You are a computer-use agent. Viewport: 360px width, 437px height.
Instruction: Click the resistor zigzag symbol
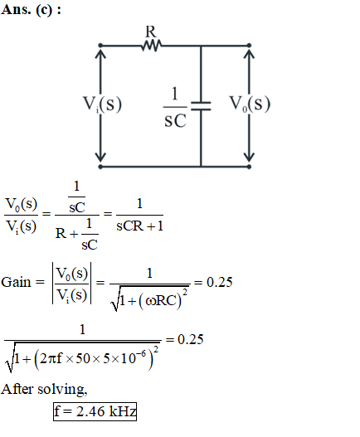152,45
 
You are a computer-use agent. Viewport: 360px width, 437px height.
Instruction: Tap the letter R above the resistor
151,32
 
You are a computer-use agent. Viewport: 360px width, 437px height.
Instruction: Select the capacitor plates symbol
201,106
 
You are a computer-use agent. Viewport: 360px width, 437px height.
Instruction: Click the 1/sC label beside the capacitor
175,107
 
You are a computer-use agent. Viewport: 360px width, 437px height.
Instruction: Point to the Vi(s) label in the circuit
102,104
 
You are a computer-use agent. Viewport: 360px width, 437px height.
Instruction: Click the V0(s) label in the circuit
250,104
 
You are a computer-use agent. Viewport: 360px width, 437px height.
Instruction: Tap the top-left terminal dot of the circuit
100,45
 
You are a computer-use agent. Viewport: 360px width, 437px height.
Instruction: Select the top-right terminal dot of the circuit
250,45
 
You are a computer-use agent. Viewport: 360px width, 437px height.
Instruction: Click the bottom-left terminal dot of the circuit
100,167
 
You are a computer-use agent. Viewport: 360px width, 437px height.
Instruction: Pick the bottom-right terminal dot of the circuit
250,167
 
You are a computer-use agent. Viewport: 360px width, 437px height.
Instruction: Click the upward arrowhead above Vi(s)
100,54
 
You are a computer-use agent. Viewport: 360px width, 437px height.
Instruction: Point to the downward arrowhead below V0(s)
250,157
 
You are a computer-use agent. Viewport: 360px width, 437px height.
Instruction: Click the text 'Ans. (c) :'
31,10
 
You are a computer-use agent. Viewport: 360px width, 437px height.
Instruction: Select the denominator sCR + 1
139,226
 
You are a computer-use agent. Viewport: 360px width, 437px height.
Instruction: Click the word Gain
16,282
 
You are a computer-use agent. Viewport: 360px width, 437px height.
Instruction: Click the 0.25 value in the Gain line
220,282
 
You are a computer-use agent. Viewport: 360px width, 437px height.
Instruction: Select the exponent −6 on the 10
140,354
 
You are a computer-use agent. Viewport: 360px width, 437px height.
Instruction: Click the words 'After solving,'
44,389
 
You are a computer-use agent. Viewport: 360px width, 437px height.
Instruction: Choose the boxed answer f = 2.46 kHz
95,411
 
